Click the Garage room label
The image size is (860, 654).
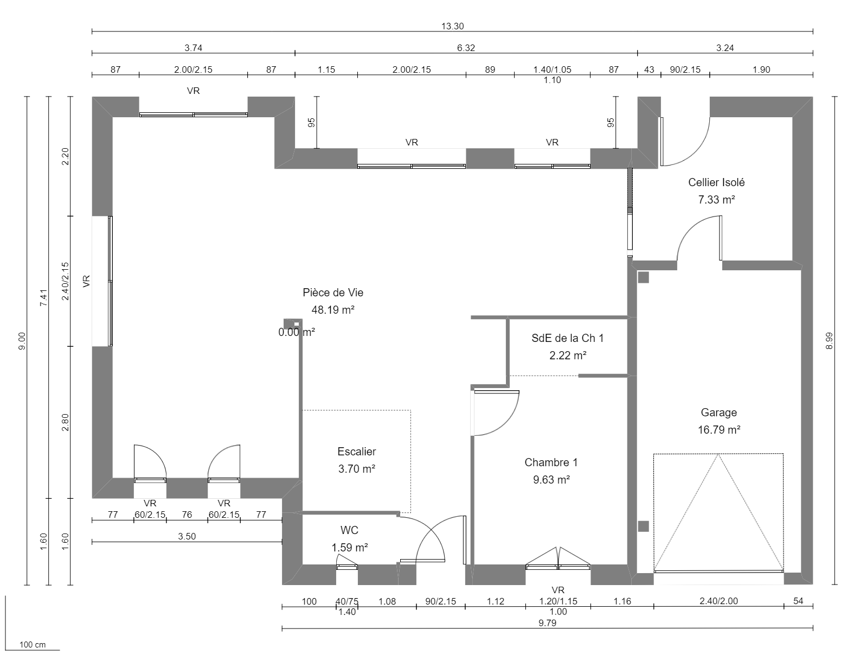pyautogui.click(x=718, y=412)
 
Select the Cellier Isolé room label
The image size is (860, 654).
pyautogui.click(x=716, y=182)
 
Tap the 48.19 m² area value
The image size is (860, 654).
pyautogui.click(x=332, y=310)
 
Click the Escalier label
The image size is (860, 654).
pyautogui.click(x=356, y=452)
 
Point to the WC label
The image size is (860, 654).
pyautogui.click(x=349, y=530)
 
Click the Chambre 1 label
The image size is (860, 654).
pyautogui.click(x=551, y=462)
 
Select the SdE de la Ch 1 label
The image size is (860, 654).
pyautogui.click(x=567, y=338)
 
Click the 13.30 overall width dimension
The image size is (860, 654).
pyautogui.click(x=453, y=26)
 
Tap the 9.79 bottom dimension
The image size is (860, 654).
pyautogui.click(x=547, y=623)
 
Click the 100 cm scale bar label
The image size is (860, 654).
pyautogui.click(x=33, y=645)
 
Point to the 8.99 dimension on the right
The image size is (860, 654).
pyautogui.click(x=828, y=341)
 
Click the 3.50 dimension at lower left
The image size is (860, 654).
pyautogui.click(x=187, y=536)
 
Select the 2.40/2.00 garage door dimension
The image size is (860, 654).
pyautogui.click(x=718, y=601)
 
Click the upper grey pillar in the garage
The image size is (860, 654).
pyautogui.click(x=643, y=277)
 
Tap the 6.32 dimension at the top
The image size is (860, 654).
pyautogui.click(x=466, y=48)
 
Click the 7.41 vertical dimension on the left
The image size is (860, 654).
pyautogui.click(x=44, y=297)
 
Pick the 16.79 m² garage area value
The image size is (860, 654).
pyautogui.click(x=718, y=430)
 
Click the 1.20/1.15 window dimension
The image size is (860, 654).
pyautogui.click(x=558, y=601)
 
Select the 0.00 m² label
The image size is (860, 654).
pyautogui.click(x=297, y=332)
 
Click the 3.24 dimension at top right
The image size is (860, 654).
pyautogui.click(x=725, y=48)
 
